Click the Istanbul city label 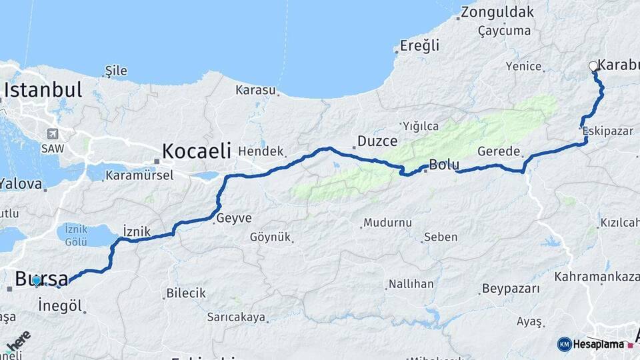tap(43, 90)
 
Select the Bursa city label tap(41, 278)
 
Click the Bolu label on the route tap(443, 164)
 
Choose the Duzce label tap(377, 141)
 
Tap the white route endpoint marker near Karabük tap(593, 66)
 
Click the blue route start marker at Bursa tap(37, 281)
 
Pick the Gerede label tap(499, 152)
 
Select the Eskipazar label tap(607, 131)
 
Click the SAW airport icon tap(52, 133)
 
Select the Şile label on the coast tap(116, 71)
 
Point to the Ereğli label tap(420, 46)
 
